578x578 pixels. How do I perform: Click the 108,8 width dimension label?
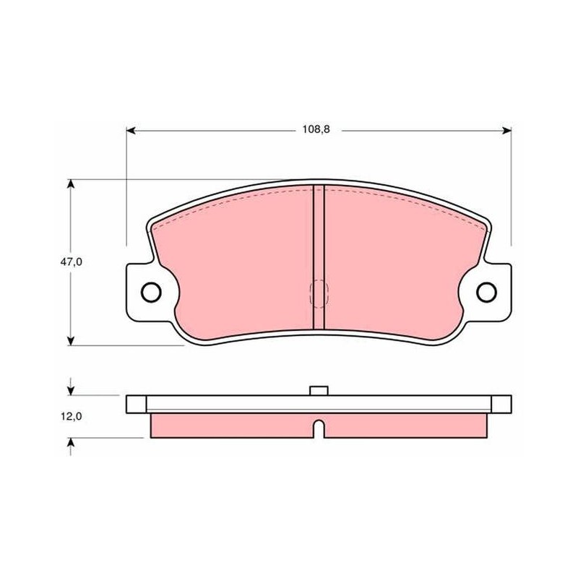(x=316, y=130)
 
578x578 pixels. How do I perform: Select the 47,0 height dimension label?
(x=71, y=262)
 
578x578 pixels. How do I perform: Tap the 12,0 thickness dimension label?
(x=71, y=417)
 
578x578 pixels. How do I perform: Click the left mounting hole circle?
(x=151, y=292)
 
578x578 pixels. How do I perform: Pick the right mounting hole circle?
(x=486, y=292)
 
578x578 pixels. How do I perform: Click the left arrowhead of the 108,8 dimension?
(x=131, y=131)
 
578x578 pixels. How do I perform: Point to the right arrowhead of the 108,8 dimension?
(x=507, y=131)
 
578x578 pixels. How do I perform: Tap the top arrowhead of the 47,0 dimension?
(x=71, y=184)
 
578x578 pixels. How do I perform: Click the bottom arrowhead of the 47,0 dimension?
(x=71, y=341)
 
